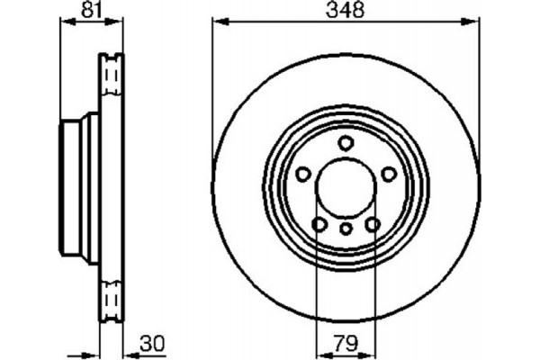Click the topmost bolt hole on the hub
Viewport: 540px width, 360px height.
pyautogui.click(x=346, y=143)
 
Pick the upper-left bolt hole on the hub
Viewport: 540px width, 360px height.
pyautogui.click(x=303, y=174)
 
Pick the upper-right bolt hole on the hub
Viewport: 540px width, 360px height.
pyautogui.click(x=390, y=174)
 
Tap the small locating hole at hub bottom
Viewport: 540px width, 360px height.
pyautogui.click(x=346, y=229)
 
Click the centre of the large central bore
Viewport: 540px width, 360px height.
pyautogui.click(x=346, y=189)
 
